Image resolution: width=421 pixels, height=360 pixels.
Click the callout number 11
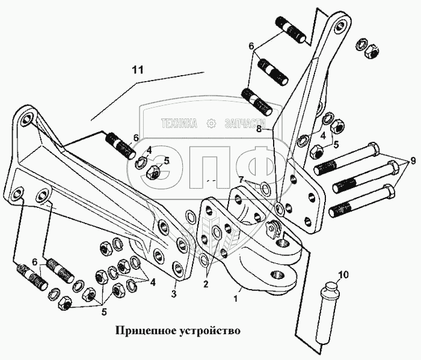138,70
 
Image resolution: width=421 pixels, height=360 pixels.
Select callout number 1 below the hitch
236,297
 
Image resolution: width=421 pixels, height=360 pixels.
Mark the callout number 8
258,128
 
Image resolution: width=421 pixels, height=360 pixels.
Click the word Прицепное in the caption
145,331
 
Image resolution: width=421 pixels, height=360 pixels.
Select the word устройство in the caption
210,331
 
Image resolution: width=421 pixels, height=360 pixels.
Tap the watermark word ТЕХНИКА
179,124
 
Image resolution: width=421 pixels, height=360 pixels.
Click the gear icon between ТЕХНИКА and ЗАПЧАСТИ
211,124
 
